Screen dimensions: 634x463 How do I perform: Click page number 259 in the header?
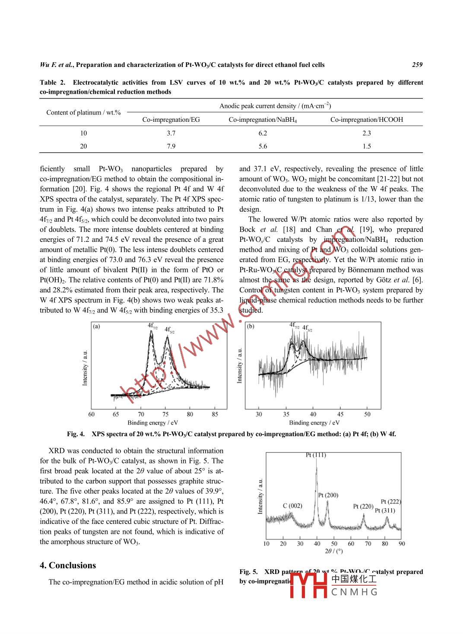pos(417,65)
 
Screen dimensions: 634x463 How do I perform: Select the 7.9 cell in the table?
pos(171,146)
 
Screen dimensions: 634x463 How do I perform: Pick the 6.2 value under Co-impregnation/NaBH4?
pos(263,133)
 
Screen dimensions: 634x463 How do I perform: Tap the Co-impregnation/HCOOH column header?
pos(366,120)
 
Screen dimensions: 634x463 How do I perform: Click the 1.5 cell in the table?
pos(367,146)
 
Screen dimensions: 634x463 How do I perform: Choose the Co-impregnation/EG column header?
pos(171,120)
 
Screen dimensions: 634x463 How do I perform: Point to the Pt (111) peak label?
pos(316,455)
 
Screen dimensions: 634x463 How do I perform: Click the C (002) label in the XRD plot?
pos(292,506)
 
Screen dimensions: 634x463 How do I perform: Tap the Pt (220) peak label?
pos(363,506)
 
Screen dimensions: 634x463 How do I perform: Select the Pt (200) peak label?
pos(328,495)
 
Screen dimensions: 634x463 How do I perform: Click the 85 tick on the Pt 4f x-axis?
pos(215,415)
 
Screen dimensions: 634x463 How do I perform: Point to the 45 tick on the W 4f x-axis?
pos(340,415)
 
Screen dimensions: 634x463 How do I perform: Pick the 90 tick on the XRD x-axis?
pos(402,544)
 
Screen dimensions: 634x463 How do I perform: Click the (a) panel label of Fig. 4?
pos(96,327)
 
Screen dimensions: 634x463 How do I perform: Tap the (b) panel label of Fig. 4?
pos(251,327)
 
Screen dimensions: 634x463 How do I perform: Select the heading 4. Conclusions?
pos(68,565)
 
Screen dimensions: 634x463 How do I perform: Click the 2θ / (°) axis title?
pos(334,552)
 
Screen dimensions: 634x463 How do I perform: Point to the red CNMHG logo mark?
pos(308,585)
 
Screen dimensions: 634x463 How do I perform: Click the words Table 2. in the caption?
pos(52,82)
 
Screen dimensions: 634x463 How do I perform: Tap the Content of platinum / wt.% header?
pos(83,113)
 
